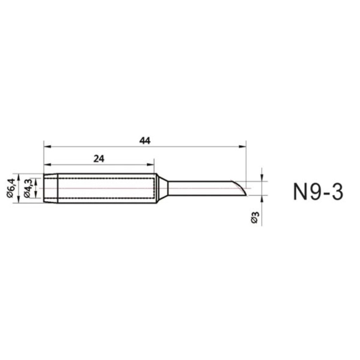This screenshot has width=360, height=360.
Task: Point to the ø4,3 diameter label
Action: pos(29,188)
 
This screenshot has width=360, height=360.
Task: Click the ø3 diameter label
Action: pos(255,217)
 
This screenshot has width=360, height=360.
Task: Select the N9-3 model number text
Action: pos(318,191)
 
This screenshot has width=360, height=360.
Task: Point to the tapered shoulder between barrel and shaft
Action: pos(162,188)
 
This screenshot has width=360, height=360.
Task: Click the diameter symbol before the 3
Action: pos(255,221)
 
